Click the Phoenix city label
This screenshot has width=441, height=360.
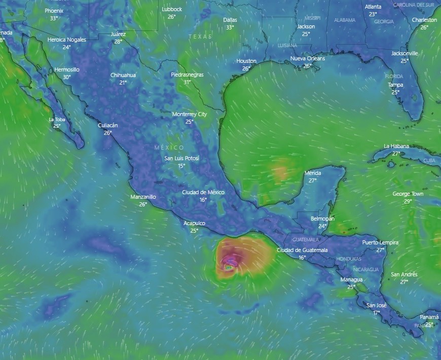54,11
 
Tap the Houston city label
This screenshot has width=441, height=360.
246,61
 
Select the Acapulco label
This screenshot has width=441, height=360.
194,223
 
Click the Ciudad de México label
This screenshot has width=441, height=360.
203,192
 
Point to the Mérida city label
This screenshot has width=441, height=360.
313,173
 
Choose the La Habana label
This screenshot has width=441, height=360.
396,147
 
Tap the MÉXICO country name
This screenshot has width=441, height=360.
169,147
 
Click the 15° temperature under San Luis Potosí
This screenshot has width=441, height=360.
181,166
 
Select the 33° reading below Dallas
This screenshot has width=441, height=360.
230,27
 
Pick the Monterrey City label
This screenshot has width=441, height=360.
190,115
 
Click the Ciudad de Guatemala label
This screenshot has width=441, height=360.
302,250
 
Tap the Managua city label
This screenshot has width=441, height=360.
351,279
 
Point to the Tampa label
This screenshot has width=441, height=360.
395,85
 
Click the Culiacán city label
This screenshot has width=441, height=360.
108,125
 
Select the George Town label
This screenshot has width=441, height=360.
408,194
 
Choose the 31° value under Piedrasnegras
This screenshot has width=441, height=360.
187,82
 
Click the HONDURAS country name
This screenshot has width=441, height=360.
349,259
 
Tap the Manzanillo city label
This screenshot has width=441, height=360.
143,197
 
